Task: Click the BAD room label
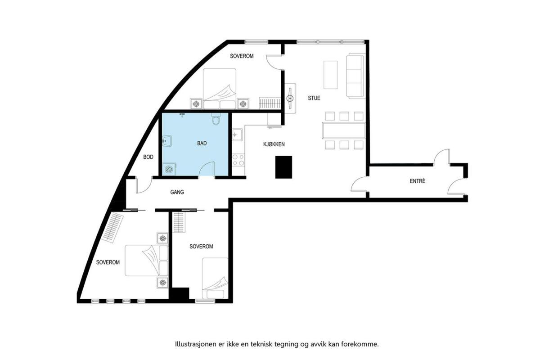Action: [202, 143]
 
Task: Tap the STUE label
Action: [314, 98]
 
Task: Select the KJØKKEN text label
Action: [274, 144]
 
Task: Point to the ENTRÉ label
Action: [418, 181]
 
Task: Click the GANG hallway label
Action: [177, 192]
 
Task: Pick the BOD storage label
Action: [148, 157]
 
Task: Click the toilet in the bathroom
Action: [216, 119]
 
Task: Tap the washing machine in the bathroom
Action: [169, 169]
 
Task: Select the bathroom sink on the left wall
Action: [167, 140]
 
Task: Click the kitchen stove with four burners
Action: [238, 160]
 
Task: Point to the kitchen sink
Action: [238, 135]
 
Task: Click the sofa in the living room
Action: [356, 76]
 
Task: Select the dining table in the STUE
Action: [344, 130]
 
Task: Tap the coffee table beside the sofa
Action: [330, 75]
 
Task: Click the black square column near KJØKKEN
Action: [284, 167]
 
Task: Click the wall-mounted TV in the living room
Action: [290, 98]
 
